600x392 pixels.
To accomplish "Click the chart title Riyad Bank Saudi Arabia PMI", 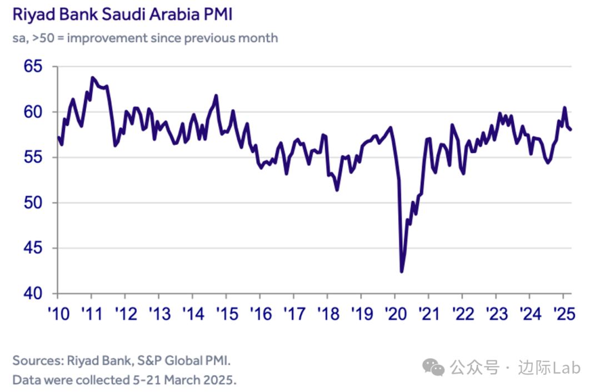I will (x=122, y=14).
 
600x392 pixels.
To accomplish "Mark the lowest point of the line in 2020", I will (x=402, y=271).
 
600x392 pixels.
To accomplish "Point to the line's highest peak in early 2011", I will (x=92, y=77).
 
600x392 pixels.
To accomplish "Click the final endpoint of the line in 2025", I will (x=571, y=130).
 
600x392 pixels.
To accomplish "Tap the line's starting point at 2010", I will (x=58, y=137).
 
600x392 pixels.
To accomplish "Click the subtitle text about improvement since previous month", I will (x=145, y=38).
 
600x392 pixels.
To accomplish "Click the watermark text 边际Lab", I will (x=549, y=368).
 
